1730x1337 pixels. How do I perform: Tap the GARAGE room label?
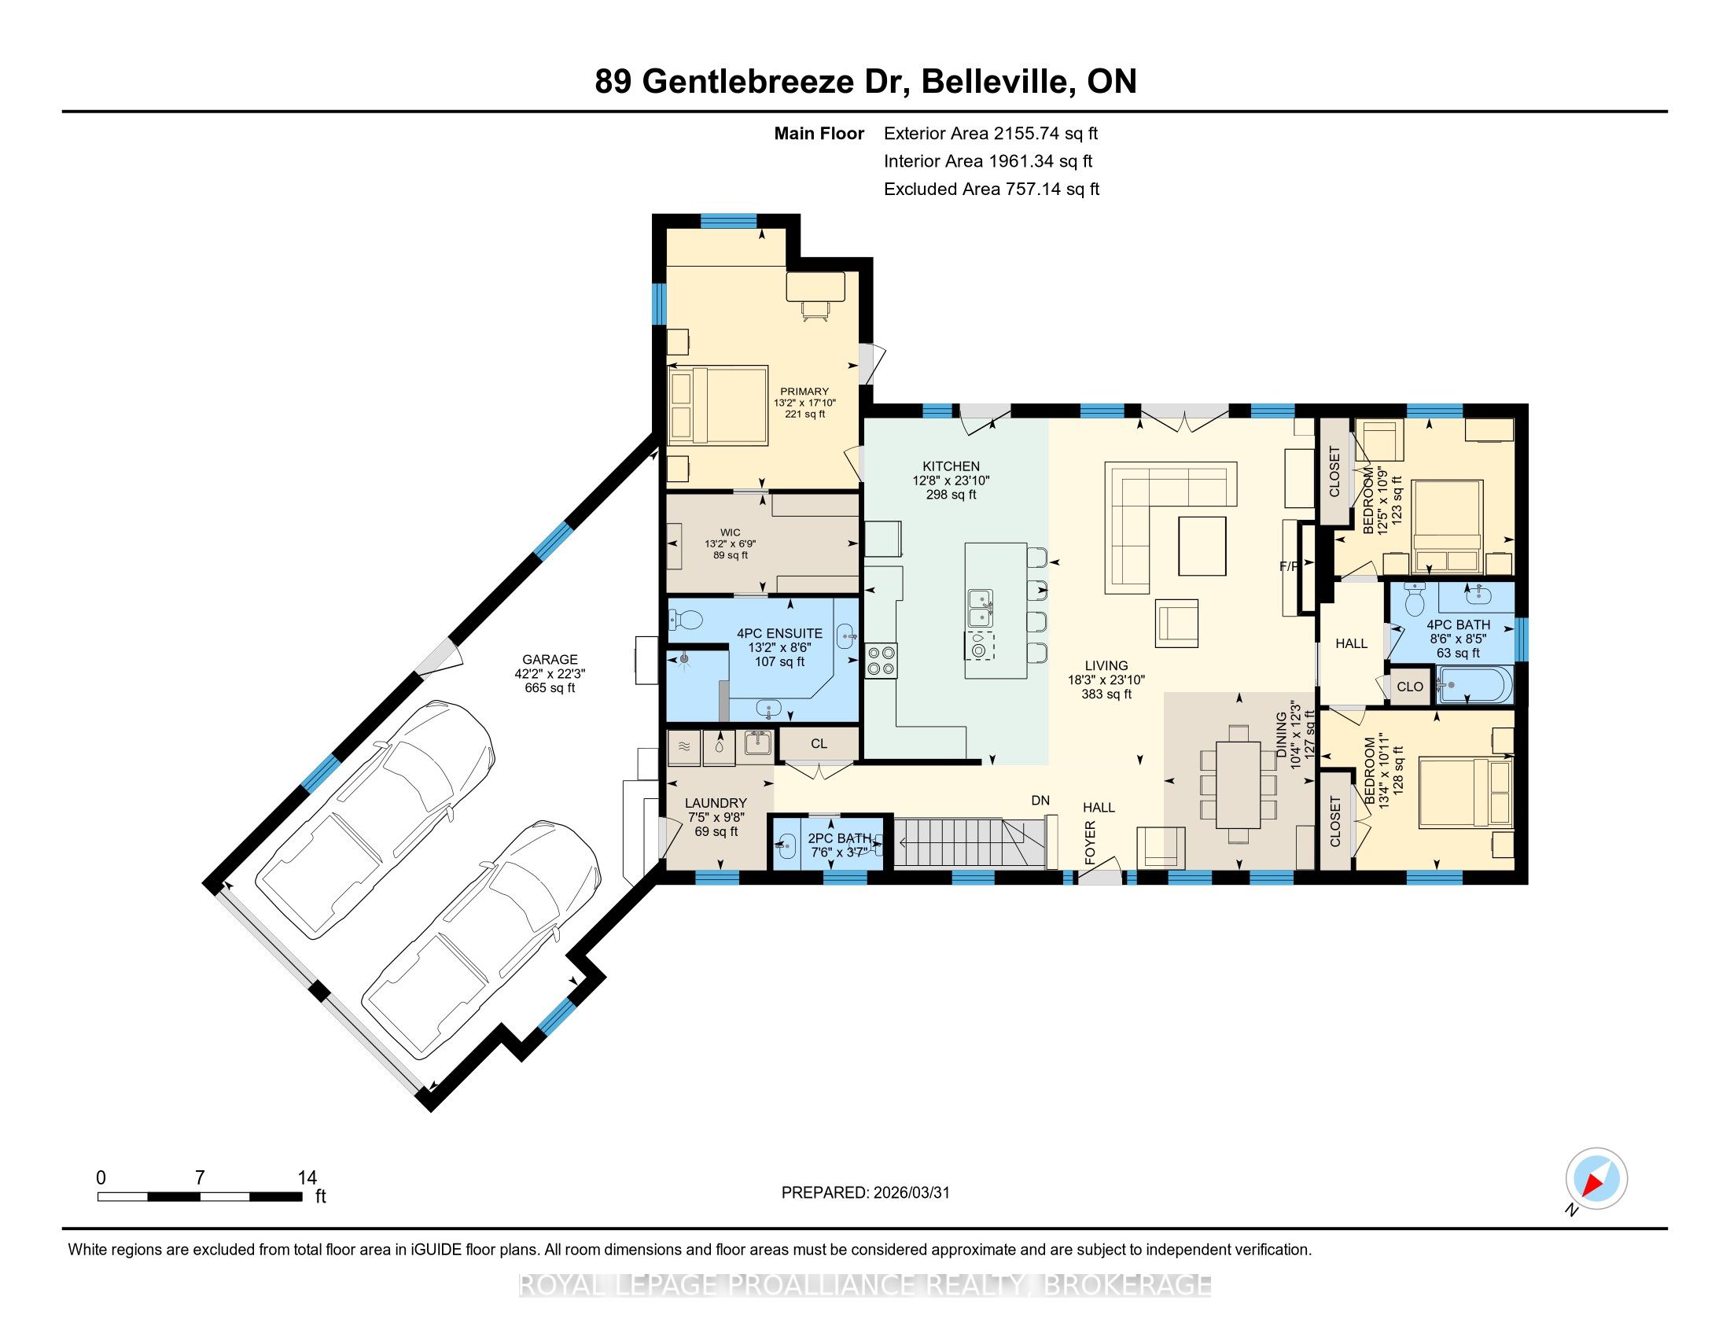(550, 659)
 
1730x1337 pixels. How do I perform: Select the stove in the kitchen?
(882, 661)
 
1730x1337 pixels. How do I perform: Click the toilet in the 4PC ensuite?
(686, 620)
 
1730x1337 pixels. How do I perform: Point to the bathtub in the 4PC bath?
(1475, 684)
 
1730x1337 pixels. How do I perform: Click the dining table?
(1238, 783)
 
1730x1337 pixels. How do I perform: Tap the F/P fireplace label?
(1290, 566)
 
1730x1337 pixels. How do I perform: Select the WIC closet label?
(731, 532)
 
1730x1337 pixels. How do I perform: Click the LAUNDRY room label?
(716, 802)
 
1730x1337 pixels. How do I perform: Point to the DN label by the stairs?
(1040, 800)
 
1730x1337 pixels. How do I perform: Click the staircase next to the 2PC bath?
(970, 844)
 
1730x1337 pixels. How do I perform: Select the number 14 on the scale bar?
(307, 1178)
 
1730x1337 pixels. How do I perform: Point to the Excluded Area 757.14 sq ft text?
(992, 189)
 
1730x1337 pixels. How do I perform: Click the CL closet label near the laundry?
(819, 744)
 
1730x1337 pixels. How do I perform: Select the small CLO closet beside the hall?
(1410, 687)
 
